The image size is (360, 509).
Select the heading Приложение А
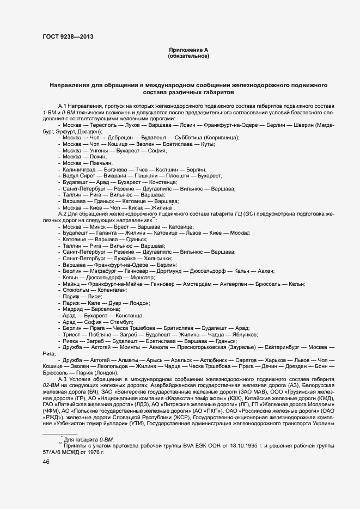click(188, 50)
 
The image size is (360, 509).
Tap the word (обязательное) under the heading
click(188, 56)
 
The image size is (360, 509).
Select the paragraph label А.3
click(62, 379)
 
